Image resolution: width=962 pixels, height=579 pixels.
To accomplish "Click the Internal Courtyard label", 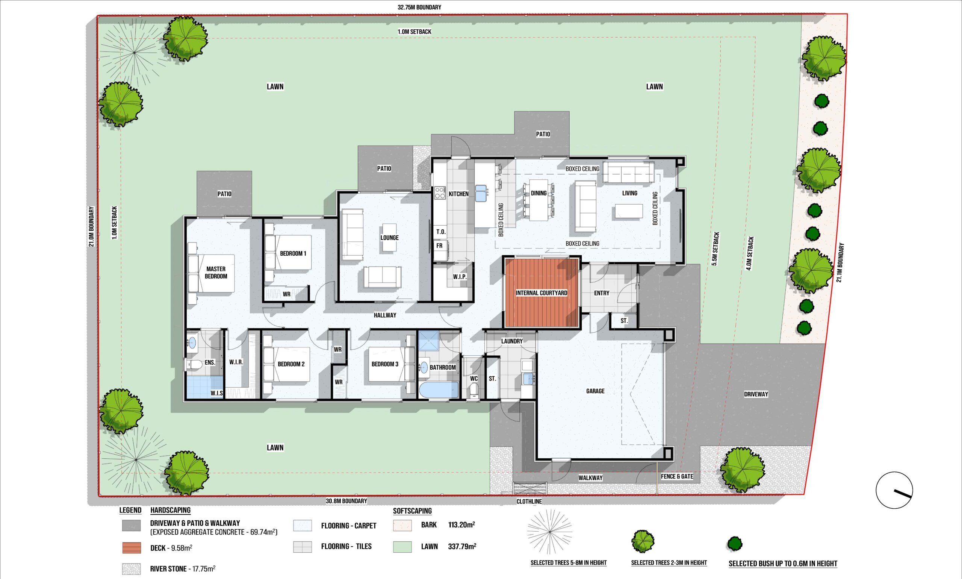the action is coord(541,293).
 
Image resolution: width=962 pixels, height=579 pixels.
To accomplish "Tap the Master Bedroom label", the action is coord(216,273).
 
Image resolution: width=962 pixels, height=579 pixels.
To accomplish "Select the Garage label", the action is coord(595,391).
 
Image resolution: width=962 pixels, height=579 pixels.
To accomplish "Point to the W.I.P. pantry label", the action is coord(460,277).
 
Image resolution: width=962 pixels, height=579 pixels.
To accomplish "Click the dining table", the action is coord(538,200).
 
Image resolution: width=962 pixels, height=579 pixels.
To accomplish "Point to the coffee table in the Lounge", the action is coord(389,237).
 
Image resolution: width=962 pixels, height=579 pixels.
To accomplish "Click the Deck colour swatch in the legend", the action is coord(131,547).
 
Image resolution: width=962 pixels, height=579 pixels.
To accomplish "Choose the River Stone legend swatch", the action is coord(131,569).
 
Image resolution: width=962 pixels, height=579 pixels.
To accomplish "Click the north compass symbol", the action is coord(894,490).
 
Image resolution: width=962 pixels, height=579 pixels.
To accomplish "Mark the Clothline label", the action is coord(529,501).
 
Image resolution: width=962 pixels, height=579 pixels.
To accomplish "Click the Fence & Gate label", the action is coord(677,476).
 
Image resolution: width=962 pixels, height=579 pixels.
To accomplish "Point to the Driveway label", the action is coord(756,394).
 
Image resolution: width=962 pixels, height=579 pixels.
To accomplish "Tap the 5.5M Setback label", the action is coord(715,249).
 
